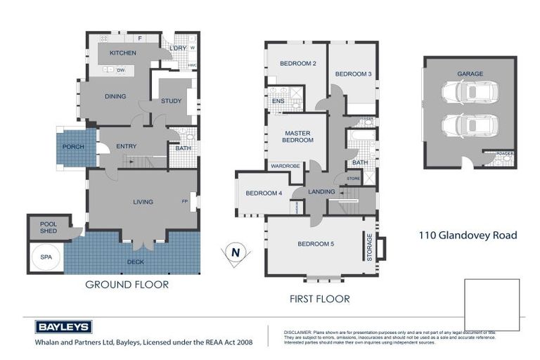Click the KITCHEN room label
(x=123, y=53)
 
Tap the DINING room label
(x=115, y=96)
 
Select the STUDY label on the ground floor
(x=171, y=101)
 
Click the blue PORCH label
(x=73, y=147)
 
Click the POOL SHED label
(x=48, y=228)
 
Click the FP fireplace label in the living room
(x=185, y=202)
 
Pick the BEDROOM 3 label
(x=353, y=74)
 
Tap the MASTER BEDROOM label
(x=298, y=136)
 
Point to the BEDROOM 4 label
(x=264, y=193)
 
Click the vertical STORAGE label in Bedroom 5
(x=368, y=248)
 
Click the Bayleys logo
(x=63, y=327)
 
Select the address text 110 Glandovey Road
(x=468, y=236)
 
